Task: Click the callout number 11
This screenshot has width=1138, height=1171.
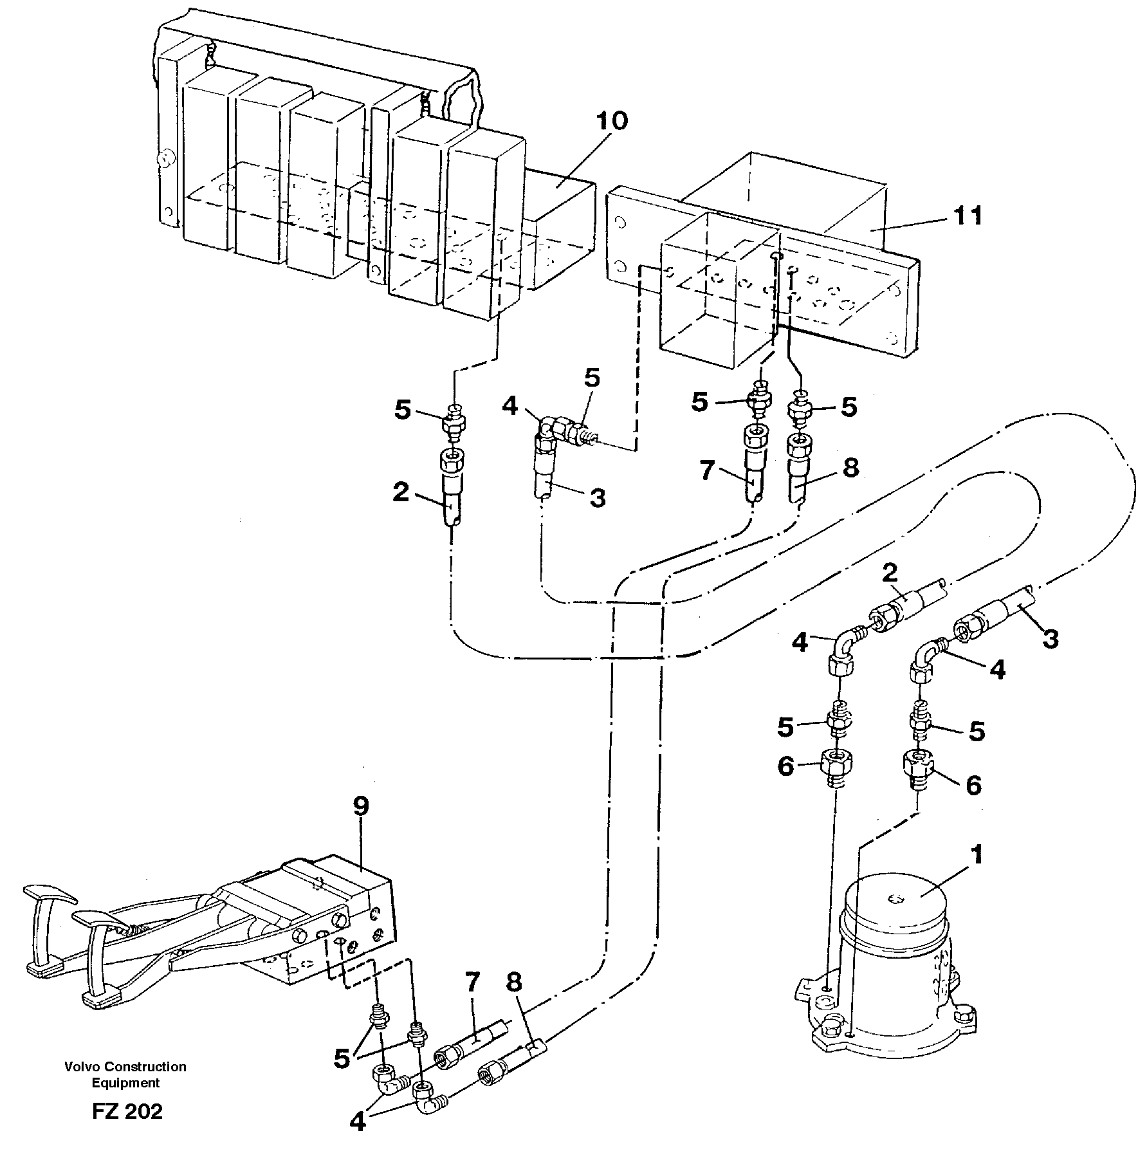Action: click(968, 216)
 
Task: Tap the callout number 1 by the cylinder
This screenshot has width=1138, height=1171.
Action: click(977, 855)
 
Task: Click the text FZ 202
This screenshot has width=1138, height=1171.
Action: click(127, 1112)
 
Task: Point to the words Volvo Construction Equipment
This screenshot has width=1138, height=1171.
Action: click(125, 1074)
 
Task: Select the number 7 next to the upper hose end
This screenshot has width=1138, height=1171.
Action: click(707, 472)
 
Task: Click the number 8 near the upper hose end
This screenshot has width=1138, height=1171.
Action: click(850, 468)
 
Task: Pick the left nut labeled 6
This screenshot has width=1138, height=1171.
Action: click(836, 766)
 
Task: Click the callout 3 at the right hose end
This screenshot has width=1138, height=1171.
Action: click(1050, 639)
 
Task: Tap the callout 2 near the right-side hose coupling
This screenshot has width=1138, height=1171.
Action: click(890, 573)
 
